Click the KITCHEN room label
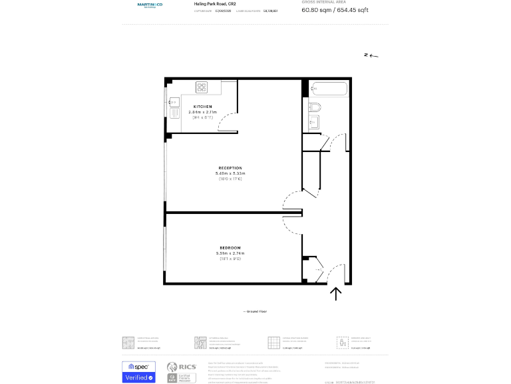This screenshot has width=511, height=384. [203, 107]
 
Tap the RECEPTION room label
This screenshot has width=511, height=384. [230, 168]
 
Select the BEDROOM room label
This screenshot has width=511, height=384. [230, 248]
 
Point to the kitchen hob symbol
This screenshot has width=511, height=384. [201, 86]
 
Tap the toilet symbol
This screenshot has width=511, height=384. [315, 107]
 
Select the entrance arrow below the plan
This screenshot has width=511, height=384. [335, 293]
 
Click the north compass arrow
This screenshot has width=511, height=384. [371, 55]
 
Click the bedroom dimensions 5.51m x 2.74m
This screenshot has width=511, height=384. [230, 253]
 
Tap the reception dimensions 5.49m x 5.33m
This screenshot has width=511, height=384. [230, 173]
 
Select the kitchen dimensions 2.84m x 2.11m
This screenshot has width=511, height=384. [203, 112]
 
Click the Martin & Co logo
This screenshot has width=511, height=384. [150, 5]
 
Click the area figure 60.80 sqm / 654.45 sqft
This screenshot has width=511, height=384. [335, 10]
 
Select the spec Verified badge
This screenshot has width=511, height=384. [138, 372]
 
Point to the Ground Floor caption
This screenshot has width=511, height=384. [254, 311]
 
